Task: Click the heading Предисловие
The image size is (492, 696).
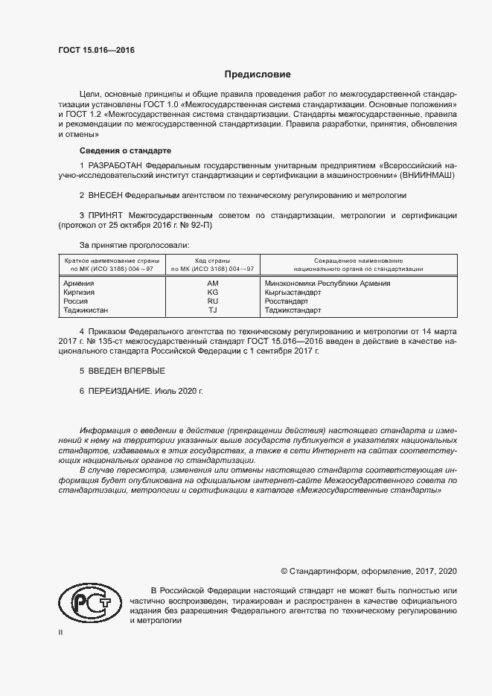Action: click(258, 74)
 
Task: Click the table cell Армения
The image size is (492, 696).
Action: click(79, 284)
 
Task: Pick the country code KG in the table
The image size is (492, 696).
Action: click(212, 293)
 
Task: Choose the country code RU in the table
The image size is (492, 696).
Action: click(212, 301)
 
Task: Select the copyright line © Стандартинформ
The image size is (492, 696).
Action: click(368, 571)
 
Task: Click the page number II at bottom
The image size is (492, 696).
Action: click(61, 632)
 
